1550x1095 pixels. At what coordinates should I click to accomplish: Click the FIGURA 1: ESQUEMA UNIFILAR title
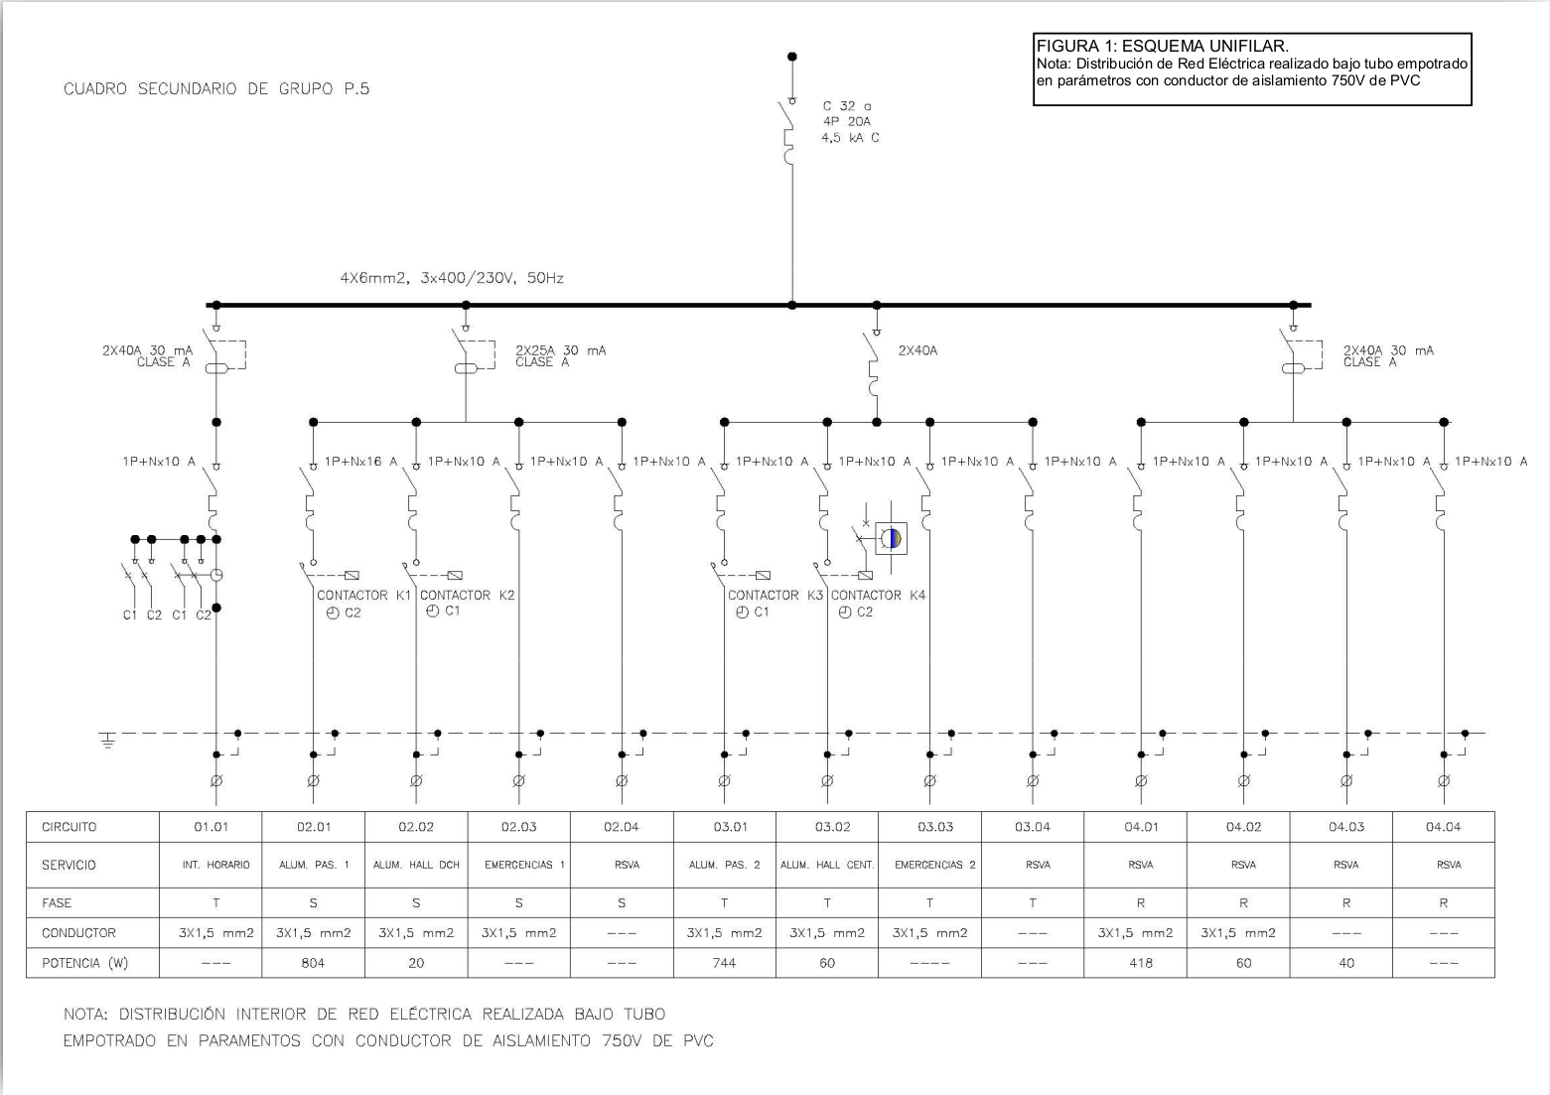click(x=1162, y=47)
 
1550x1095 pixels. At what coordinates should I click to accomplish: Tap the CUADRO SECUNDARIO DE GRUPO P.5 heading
click(x=216, y=88)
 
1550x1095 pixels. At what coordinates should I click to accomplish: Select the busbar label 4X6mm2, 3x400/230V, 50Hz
click(x=452, y=278)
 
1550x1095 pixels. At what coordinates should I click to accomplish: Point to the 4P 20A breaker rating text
click(x=846, y=122)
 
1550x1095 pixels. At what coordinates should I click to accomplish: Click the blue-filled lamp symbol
click(x=892, y=538)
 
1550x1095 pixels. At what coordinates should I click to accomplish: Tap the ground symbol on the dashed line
click(x=108, y=741)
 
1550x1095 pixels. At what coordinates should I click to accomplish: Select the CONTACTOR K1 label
click(x=364, y=595)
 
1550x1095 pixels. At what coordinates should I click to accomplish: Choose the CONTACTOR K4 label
click(x=878, y=595)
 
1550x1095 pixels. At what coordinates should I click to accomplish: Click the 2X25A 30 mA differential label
click(x=560, y=355)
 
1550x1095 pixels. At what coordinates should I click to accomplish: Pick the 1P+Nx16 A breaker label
click(x=361, y=462)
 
